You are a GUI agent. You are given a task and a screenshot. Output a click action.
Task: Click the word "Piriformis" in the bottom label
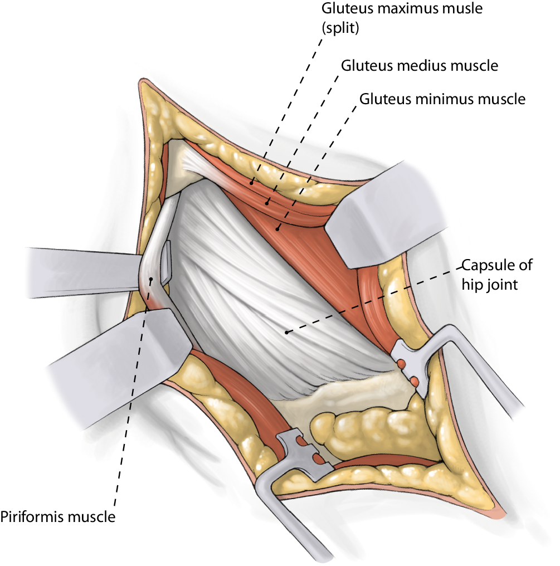33,517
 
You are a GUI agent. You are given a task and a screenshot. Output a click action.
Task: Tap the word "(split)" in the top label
341,27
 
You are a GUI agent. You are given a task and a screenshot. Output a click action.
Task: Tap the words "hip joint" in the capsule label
494,285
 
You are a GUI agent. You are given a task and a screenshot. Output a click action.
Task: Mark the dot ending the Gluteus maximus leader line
252,182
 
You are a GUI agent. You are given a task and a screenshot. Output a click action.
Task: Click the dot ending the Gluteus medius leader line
267,203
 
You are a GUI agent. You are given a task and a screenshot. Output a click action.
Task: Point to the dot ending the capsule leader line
286,333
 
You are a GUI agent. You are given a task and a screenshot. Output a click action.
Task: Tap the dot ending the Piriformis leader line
150,279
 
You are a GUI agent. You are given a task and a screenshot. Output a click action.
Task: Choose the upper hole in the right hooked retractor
401,364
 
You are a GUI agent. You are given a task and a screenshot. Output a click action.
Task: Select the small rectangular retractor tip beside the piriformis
167,261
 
